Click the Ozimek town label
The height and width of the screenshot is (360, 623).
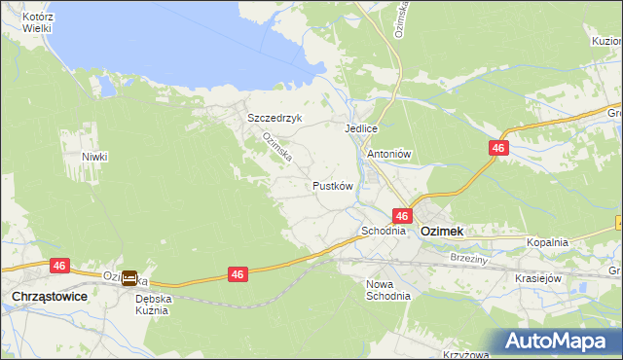441,232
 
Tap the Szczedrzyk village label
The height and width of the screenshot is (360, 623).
275,118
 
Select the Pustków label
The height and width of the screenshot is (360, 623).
332,185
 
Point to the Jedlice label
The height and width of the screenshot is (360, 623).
360,128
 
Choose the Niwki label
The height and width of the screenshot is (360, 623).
94,156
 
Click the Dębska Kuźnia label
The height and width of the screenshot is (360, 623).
153,305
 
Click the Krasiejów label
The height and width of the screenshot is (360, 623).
540,277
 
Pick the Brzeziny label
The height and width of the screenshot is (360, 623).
469,258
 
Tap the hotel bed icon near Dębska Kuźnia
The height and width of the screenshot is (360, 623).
129,276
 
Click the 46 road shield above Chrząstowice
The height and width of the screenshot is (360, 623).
59,265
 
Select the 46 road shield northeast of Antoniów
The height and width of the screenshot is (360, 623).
498,147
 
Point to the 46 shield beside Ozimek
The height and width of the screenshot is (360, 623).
402,215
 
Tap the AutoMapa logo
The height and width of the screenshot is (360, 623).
559,342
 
